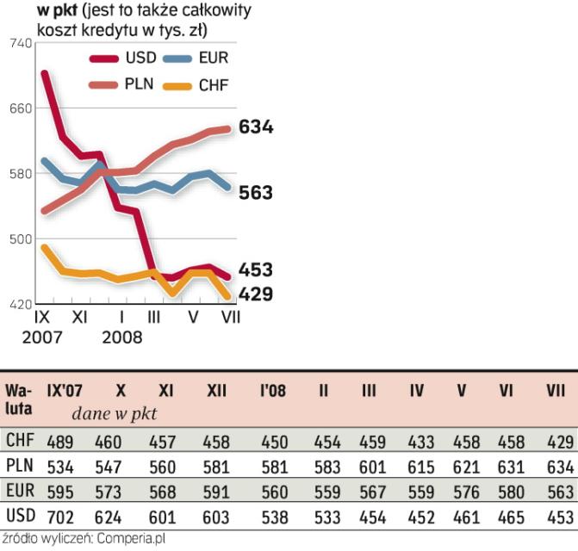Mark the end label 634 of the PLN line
coord(256,127)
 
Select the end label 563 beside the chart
coord(256,193)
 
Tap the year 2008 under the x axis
coord(121,336)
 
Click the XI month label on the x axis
coord(79,317)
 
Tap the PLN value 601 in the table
coord(369,467)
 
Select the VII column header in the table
coord(556,391)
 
